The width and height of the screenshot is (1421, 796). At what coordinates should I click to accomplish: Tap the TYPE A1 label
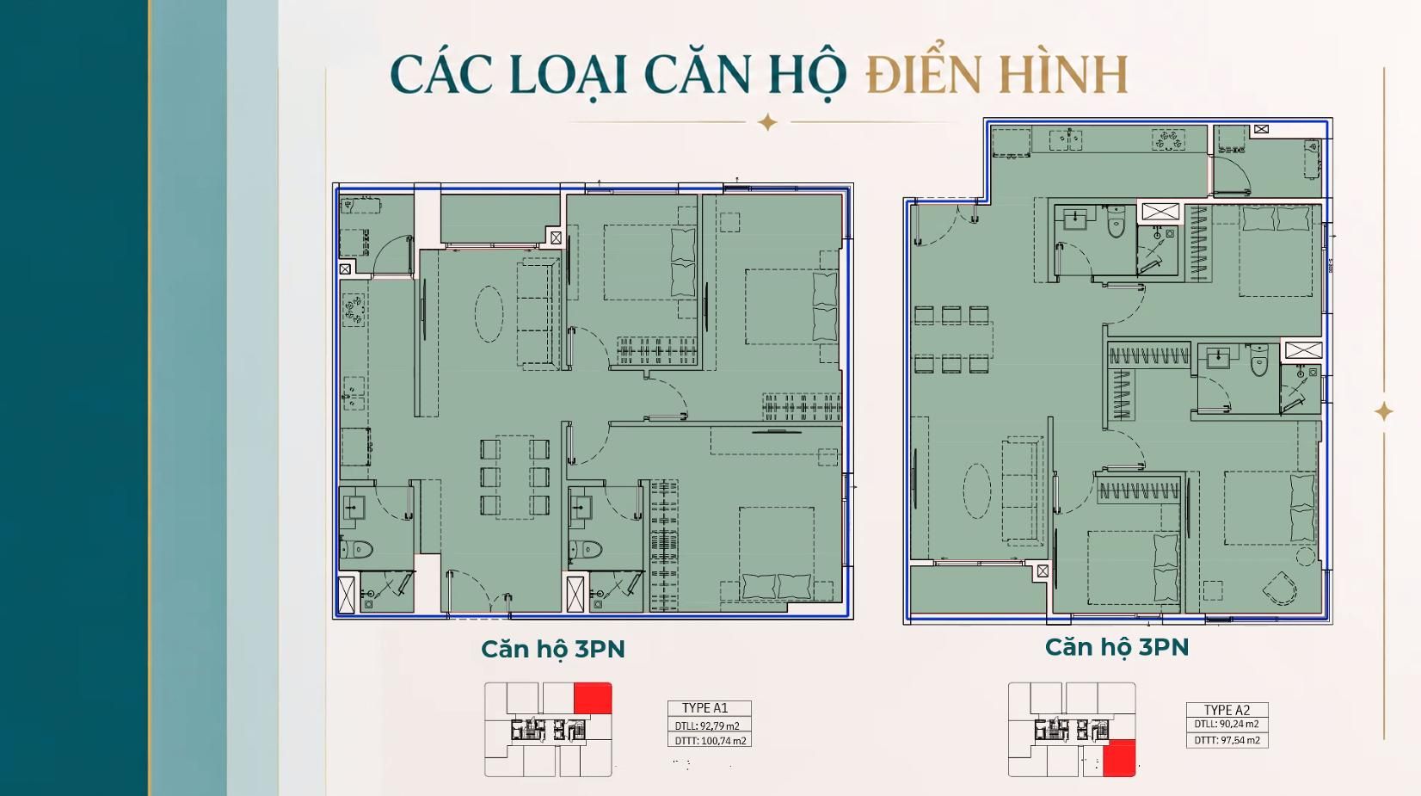pos(704,707)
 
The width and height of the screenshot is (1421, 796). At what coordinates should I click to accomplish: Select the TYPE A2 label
pos(1227,710)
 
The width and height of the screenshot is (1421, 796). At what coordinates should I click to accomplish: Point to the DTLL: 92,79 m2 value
pos(707,725)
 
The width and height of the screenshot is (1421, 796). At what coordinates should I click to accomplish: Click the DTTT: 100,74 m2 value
pos(710,740)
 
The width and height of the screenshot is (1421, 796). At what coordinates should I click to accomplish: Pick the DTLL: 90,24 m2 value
pos(1227,724)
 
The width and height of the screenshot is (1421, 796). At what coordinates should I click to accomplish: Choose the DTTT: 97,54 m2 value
pos(1227,739)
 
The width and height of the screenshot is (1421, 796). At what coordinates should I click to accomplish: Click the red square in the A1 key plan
pos(593,698)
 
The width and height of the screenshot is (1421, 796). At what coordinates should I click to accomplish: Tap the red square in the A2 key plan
pos(1119,758)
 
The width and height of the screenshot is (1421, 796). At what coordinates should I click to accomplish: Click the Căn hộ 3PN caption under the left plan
pos(552,649)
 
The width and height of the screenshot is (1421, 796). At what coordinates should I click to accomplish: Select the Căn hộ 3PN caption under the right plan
pos(1116,647)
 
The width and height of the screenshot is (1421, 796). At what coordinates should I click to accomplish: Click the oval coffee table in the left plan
pos(489,314)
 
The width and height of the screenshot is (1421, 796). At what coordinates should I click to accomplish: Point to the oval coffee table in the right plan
pos(977,490)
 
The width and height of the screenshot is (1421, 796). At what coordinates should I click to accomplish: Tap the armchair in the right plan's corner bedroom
pos(1280,589)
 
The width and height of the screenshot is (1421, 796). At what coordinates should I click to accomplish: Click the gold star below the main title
pos(767,122)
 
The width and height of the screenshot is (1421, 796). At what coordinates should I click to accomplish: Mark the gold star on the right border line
pos(1383,412)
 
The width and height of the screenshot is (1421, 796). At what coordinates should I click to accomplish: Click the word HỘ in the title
pos(807,77)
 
